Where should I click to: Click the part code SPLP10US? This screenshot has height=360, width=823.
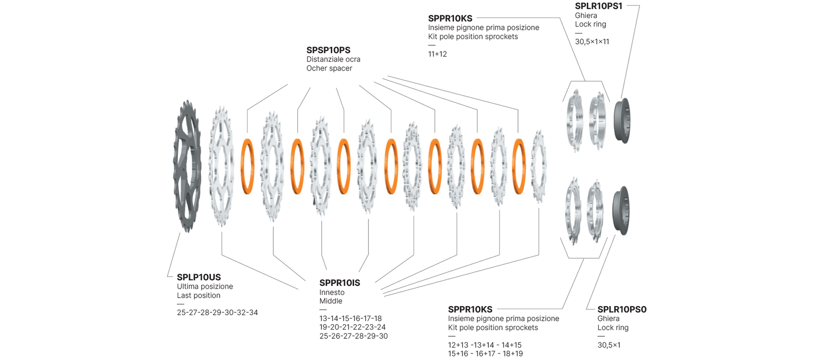click(x=199, y=277)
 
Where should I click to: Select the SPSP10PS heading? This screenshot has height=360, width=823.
click(x=328, y=50)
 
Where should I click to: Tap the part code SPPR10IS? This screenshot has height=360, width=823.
click(x=339, y=283)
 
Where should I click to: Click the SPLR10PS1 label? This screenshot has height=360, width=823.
click(x=598, y=6)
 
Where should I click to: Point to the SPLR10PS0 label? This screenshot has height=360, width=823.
click(x=621, y=310)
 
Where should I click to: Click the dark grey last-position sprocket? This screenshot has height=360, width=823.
click(x=187, y=166)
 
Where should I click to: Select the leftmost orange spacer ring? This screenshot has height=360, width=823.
click(x=248, y=166)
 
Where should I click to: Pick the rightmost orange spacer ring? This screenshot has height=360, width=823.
click(x=518, y=166)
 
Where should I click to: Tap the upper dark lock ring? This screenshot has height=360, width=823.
click(x=622, y=120)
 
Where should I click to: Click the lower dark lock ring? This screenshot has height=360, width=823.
click(x=621, y=210)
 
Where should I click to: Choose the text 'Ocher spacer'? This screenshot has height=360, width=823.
click(x=329, y=68)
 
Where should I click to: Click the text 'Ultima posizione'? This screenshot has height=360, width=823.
click(x=205, y=286)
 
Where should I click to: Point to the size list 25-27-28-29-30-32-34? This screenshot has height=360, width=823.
click(x=217, y=313)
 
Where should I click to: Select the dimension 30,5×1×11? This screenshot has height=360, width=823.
click(x=592, y=42)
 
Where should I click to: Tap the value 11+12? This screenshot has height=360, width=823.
click(x=437, y=54)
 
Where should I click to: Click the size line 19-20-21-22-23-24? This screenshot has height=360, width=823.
click(x=352, y=327)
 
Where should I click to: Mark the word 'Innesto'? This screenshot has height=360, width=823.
click(x=332, y=293)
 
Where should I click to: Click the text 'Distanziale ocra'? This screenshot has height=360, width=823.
click(x=333, y=59)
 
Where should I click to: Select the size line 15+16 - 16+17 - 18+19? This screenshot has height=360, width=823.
click(x=485, y=354)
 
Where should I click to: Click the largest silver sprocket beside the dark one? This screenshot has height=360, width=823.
click(x=221, y=166)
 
